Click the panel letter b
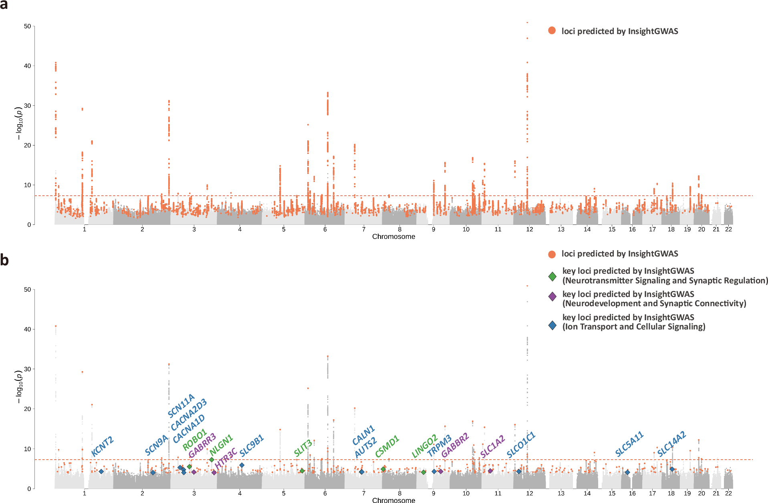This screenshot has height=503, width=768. point(4,260)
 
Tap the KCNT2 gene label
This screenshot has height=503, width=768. point(103,447)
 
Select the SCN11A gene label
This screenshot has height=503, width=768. point(181,406)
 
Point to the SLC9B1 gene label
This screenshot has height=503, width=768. point(252,446)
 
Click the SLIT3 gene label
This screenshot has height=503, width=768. point(303,448)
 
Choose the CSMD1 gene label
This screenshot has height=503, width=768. point(387,446)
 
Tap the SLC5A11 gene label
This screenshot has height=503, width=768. point(629,444)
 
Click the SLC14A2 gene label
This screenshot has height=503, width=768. point(671,444)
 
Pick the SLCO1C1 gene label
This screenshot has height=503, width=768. point(521,445)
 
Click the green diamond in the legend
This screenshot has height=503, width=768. point(552,276)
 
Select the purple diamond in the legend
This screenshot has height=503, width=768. point(552,297)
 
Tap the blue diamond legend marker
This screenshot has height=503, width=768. point(552,325)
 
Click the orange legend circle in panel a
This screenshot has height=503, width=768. point(552,30)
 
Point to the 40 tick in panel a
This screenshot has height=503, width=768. point(27,66)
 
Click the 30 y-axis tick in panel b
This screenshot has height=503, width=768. point(27,369)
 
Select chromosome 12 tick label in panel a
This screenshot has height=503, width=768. point(530,229)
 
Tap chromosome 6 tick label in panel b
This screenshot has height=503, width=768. point(325,493)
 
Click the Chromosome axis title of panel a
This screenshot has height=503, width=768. point(393,236)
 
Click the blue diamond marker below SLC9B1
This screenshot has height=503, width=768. point(242,465)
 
